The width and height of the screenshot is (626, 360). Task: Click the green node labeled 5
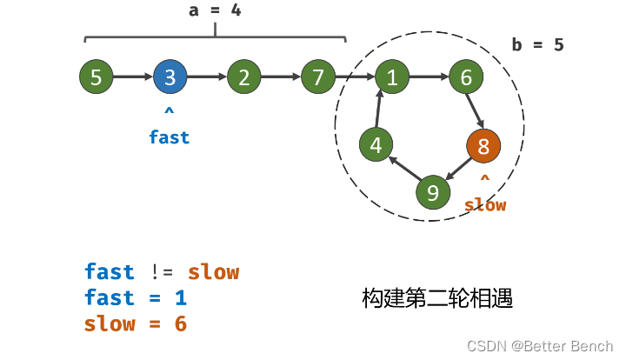click(96, 77)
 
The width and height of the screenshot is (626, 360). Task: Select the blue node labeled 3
click(170, 77)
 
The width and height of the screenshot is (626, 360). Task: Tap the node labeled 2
click(243, 77)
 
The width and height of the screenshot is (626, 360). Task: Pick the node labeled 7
click(318, 77)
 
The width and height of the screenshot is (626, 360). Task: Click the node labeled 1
click(392, 77)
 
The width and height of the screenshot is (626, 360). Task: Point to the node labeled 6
click(466, 77)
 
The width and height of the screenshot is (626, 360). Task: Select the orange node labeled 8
click(483, 145)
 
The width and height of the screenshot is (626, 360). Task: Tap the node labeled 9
click(433, 191)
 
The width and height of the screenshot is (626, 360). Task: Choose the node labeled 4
click(376, 145)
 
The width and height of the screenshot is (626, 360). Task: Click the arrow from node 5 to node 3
click(132, 77)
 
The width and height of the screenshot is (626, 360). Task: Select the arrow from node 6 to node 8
click(476, 110)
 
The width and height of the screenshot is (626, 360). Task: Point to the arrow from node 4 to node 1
click(380, 110)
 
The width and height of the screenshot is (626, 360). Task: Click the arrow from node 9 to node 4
click(404, 169)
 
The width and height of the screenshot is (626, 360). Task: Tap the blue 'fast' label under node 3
click(169, 137)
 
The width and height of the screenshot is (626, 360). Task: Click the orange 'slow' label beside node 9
click(485, 205)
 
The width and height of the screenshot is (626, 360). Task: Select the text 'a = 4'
click(215, 11)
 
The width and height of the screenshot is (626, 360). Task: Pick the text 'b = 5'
click(537, 45)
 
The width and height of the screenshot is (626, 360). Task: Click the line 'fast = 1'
click(136, 298)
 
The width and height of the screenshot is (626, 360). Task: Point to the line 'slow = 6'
click(136, 324)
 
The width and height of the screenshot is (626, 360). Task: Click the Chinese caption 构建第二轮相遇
click(437, 299)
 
